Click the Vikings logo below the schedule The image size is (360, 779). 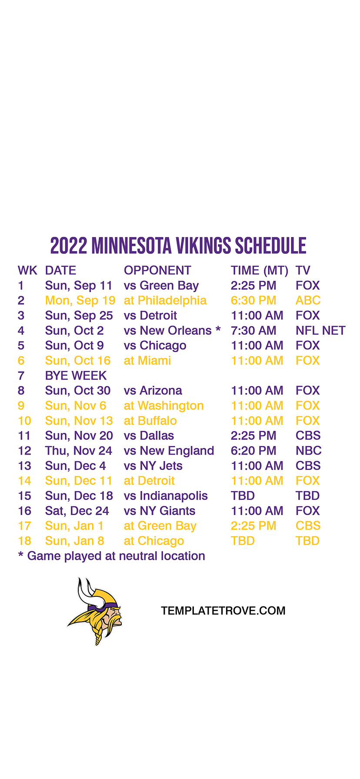(x=95, y=611)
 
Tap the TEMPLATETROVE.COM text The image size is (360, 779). (x=223, y=611)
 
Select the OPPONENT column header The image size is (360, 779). (x=157, y=270)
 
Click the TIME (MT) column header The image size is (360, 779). (x=260, y=271)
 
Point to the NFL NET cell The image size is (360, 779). (x=320, y=331)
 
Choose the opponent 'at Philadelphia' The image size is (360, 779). (x=165, y=301)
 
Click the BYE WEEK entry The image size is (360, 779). (x=76, y=376)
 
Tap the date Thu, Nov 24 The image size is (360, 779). (x=79, y=451)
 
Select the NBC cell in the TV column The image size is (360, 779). (x=309, y=451)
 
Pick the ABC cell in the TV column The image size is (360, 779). (x=308, y=300)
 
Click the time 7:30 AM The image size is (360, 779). (x=253, y=331)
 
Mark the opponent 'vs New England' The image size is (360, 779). (x=169, y=451)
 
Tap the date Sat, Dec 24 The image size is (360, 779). (x=77, y=511)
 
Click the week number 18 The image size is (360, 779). (x=25, y=541)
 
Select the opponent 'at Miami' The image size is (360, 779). (x=147, y=361)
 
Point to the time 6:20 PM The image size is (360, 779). (x=253, y=451)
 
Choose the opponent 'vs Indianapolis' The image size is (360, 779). (x=166, y=496)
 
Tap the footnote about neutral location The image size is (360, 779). (x=111, y=556)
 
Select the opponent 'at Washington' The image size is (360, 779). (x=164, y=406)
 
